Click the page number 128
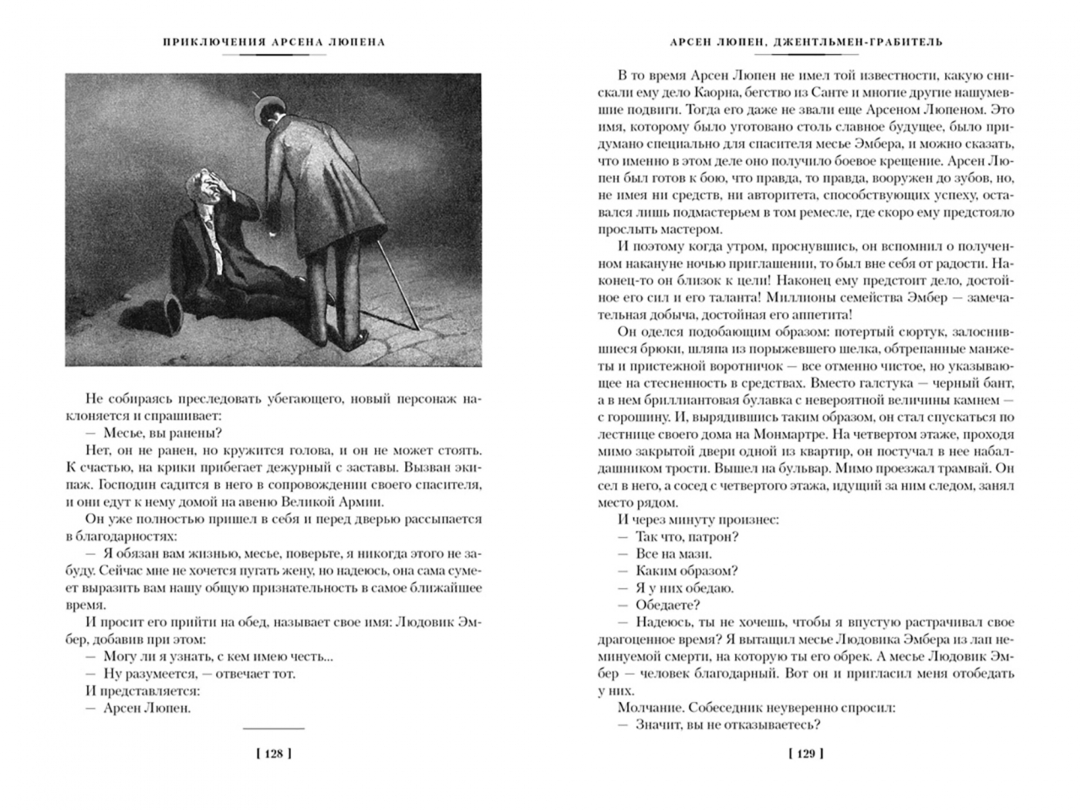point(274,754)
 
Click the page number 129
point(805,754)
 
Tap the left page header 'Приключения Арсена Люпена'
point(274,42)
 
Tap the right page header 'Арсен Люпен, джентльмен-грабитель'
point(806,42)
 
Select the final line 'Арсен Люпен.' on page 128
point(147,708)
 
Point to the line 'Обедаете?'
point(667,605)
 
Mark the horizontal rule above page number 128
point(274,728)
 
